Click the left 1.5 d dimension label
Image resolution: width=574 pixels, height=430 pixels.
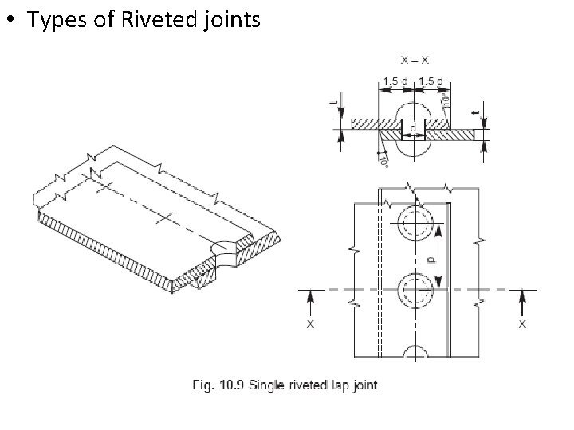pos(396,80)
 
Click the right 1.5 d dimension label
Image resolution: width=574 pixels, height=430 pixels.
pos(431,80)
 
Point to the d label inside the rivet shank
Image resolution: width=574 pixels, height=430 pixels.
pos(413,127)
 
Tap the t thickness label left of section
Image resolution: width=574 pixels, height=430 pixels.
pos(335,104)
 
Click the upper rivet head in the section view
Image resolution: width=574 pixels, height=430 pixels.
pos(413,110)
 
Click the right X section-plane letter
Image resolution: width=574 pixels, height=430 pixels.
pos(522,325)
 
